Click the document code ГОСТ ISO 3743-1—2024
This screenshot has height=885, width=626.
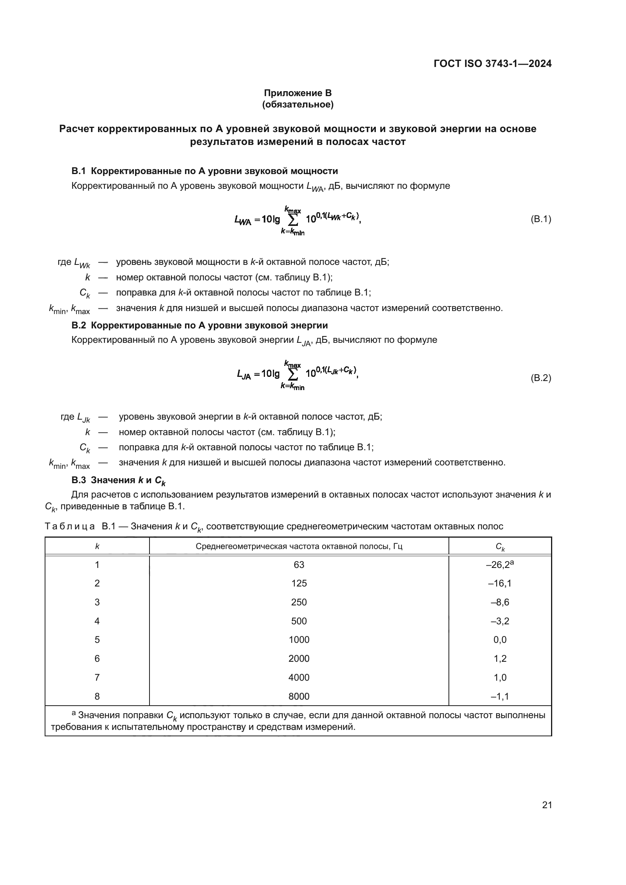pyautogui.click(x=492, y=64)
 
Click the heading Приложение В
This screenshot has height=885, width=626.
pyautogui.click(x=297, y=93)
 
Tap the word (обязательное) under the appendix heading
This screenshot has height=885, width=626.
pyautogui.click(x=297, y=104)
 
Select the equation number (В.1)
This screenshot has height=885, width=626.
pyautogui.click(x=541, y=219)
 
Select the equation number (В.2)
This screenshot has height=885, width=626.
pyautogui.click(x=541, y=378)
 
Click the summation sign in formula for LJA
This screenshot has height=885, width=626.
pyautogui.click(x=293, y=374)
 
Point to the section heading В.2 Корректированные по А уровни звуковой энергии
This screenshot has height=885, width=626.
pyautogui.click(x=200, y=325)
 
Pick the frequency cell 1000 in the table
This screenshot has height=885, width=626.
pyautogui.click(x=299, y=640)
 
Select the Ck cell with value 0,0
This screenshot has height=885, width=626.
pyautogui.click(x=500, y=640)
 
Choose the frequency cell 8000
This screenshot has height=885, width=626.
pyautogui.click(x=299, y=697)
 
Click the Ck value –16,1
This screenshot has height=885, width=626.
pyautogui.click(x=500, y=583)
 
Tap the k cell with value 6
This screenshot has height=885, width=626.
pyautogui.click(x=97, y=659)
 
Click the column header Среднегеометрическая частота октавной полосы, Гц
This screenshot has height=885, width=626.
pyautogui.click(x=299, y=546)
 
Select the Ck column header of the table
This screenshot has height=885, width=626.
pyautogui.click(x=500, y=547)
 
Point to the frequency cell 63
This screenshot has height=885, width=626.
pyautogui.click(x=299, y=565)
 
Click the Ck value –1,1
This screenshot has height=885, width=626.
pyautogui.click(x=500, y=697)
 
